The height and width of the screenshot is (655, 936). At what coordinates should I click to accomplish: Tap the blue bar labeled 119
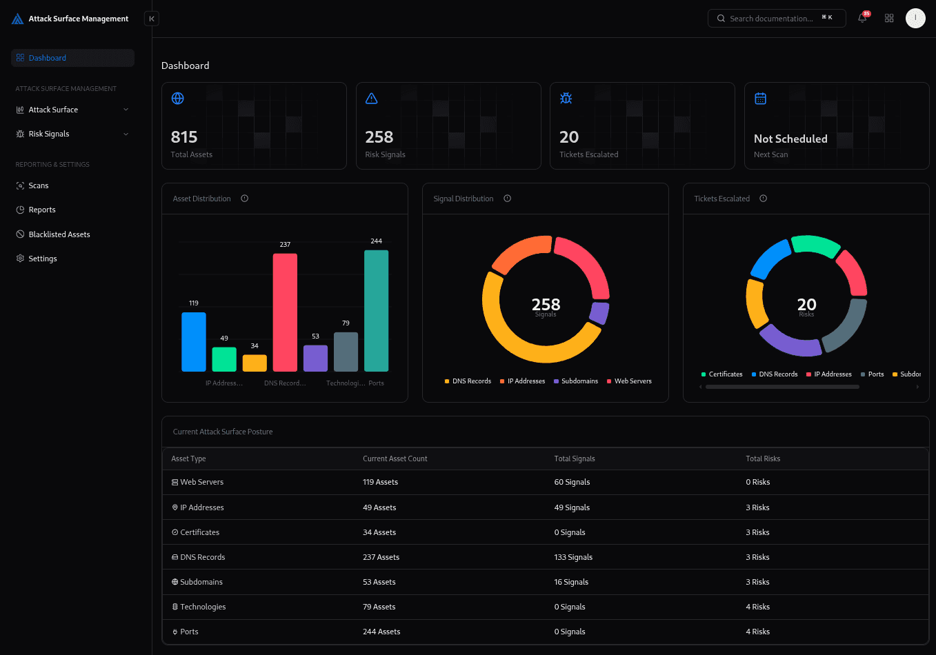(194, 342)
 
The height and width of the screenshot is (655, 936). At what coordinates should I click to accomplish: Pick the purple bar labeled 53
(315, 359)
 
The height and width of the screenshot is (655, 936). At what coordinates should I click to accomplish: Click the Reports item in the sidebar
(42, 210)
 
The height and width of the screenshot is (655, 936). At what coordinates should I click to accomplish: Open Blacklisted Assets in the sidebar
(59, 234)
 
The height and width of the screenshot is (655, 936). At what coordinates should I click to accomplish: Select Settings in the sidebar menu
(43, 259)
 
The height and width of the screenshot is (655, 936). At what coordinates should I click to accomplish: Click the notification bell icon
(862, 19)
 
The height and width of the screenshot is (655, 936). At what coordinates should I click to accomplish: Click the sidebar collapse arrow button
(152, 19)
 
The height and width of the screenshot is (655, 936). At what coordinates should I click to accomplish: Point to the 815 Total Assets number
(184, 137)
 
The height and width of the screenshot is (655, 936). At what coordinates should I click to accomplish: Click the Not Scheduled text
(790, 139)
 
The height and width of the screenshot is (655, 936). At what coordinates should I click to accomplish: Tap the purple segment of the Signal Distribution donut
(599, 312)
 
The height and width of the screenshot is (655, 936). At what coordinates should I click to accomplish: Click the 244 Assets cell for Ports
(381, 632)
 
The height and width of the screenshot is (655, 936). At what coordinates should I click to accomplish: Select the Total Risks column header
(763, 458)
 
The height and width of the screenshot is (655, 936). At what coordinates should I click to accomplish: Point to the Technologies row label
(203, 607)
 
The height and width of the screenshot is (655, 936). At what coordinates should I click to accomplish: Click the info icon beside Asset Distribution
(245, 199)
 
